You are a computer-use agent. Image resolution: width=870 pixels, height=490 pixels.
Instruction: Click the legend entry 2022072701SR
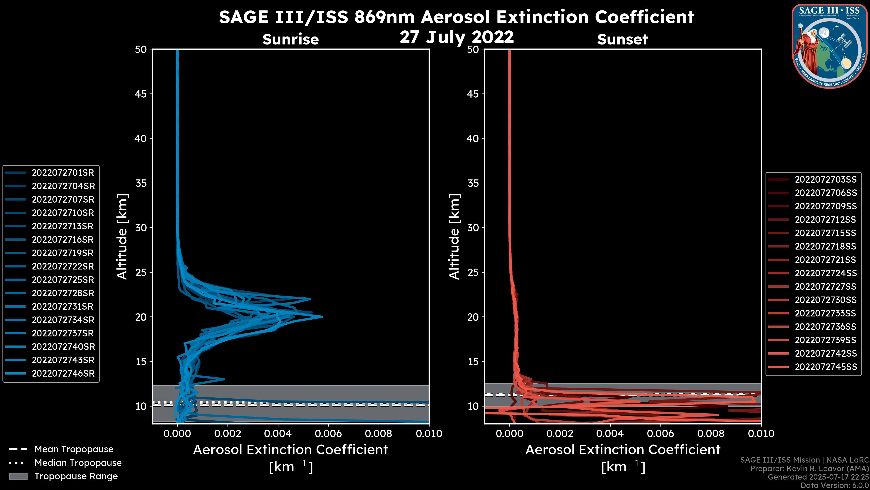[63, 173]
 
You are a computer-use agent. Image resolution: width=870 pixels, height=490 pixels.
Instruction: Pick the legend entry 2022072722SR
[63, 267]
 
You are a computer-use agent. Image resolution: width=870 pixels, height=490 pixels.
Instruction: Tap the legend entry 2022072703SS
[825, 180]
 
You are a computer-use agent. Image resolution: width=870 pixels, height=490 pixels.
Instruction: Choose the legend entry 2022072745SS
[825, 367]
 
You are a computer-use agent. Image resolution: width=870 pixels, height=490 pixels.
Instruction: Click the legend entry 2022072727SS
[825, 287]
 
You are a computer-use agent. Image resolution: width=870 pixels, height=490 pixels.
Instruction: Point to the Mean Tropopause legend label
[74, 449]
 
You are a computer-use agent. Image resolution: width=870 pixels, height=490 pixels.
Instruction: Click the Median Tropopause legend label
[78, 463]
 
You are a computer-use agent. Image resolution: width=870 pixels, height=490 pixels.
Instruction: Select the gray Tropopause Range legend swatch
[18, 476]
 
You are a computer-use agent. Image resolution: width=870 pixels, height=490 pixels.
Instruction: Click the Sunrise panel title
[290, 39]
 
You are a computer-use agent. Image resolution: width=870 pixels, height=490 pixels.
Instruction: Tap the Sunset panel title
[622, 39]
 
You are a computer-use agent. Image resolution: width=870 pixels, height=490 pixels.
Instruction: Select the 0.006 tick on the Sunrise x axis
[328, 434]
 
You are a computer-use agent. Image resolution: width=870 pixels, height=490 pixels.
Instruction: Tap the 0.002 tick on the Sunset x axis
[560, 434]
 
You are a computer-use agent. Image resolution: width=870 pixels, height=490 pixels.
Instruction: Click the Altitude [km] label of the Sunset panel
[454, 236]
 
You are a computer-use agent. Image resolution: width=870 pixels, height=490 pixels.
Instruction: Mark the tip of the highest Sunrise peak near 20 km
[322, 317]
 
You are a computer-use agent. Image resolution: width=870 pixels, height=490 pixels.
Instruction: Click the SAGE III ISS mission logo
[829, 46]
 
